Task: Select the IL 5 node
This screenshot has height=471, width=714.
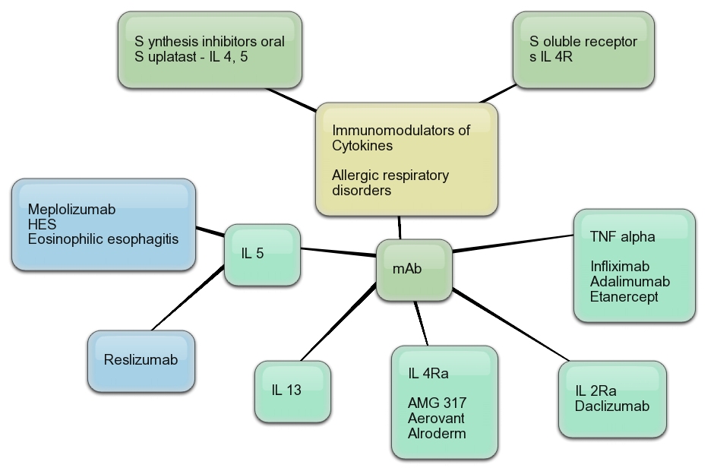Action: point(263,254)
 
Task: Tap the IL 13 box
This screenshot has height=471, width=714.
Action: point(292,391)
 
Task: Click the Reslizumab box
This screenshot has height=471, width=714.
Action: point(141,359)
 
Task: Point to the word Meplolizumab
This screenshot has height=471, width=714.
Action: point(71,209)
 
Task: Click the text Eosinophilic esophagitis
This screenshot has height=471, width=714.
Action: point(103,239)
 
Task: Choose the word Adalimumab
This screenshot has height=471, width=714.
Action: point(630,281)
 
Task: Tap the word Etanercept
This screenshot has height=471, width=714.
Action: point(624,296)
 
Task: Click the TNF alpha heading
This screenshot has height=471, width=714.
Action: point(622,236)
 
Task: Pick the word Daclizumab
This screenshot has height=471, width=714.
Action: point(612,406)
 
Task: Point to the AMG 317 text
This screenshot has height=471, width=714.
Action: point(437,403)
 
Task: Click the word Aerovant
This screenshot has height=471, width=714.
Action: point(436,418)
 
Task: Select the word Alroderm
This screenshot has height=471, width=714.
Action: point(437,433)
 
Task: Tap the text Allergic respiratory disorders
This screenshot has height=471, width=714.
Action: point(390,183)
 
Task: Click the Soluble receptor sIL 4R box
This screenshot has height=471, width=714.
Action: point(583,48)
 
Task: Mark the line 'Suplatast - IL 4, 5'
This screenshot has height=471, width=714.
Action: point(191,56)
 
